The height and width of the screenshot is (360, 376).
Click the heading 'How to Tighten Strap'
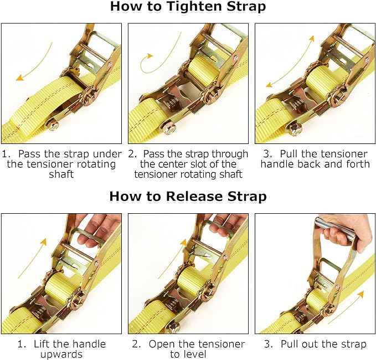pos(188,7)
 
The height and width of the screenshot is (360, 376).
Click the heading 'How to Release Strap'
pos(188,196)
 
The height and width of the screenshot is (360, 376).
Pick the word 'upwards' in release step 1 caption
pos(61,354)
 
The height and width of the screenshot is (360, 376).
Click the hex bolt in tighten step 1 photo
pos(51,125)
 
